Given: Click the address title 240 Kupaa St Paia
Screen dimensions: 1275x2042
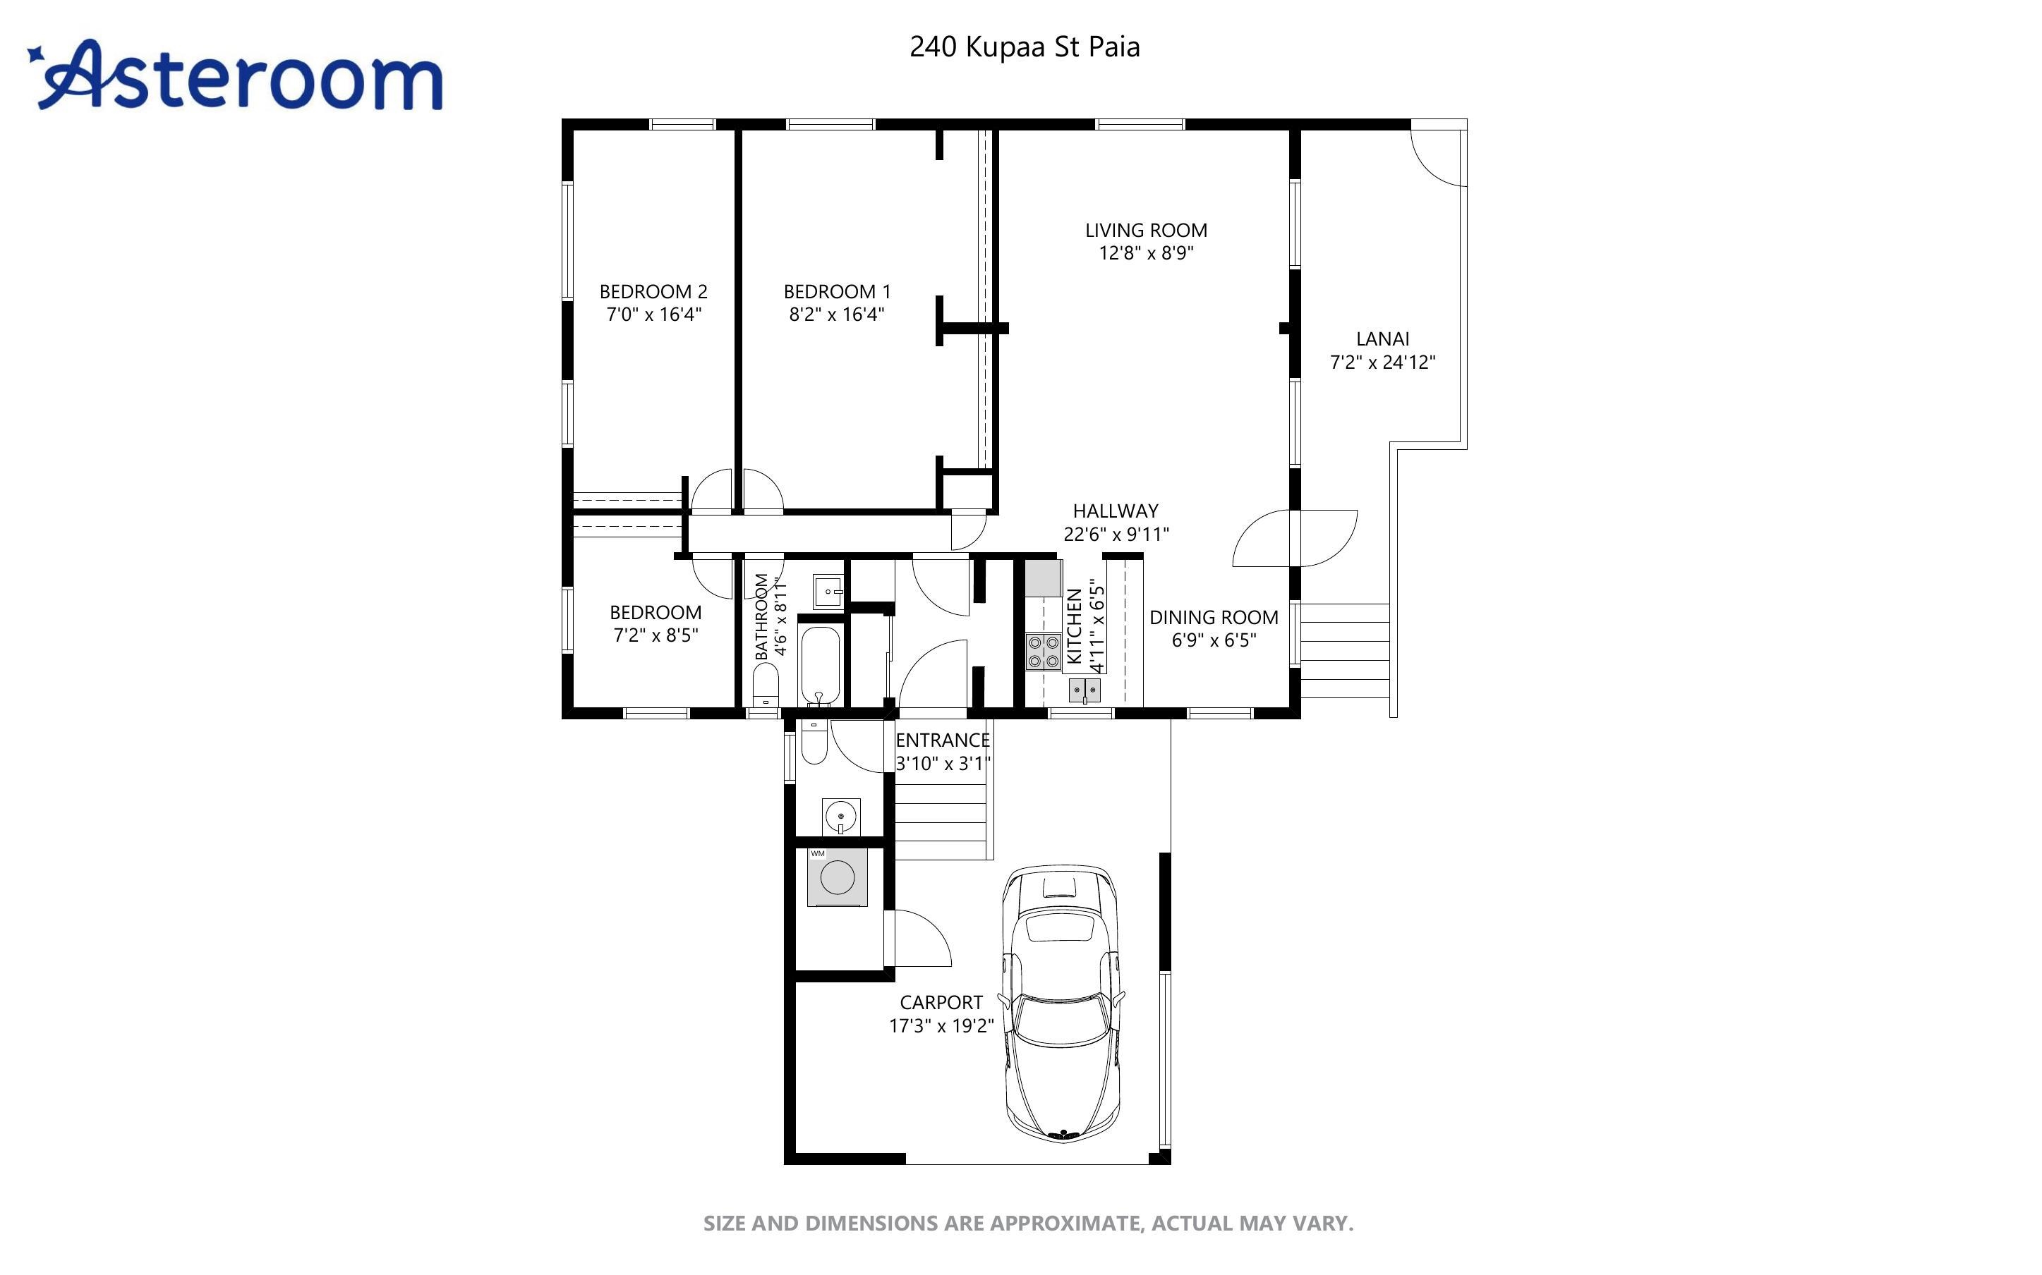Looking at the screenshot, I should (x=1024, y=47).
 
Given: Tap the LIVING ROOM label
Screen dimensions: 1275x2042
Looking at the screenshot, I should (x=1145, y=230).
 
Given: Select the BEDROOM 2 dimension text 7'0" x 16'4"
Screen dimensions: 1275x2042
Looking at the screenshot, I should (x=653, y=315).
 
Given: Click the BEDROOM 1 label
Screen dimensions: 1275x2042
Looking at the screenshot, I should (x=836, y=292).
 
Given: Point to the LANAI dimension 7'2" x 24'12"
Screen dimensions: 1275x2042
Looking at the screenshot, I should (x=1382, y=362).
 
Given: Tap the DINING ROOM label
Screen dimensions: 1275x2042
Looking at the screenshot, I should (x=1213, y=617).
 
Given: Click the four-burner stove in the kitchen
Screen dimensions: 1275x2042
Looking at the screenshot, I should (x=1044, y=652).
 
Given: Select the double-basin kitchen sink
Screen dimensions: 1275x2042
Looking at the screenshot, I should (x=1085, y=690).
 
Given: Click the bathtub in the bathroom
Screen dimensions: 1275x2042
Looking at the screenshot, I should (x=819, y=666).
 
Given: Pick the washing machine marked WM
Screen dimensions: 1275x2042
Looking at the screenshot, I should (x=837, y=878).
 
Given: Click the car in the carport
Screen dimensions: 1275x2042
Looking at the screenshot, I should (x=1062, y=1003).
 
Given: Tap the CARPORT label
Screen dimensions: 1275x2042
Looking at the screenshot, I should (x=941, y=1003).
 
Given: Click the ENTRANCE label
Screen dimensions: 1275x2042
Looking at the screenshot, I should (x=942, y=740).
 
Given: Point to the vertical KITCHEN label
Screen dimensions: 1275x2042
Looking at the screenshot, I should (x=1074, y=626).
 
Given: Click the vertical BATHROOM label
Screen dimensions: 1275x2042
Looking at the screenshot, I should (x=761, y=616).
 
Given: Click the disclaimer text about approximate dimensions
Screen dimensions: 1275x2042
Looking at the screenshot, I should (x=1027, y=1223).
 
